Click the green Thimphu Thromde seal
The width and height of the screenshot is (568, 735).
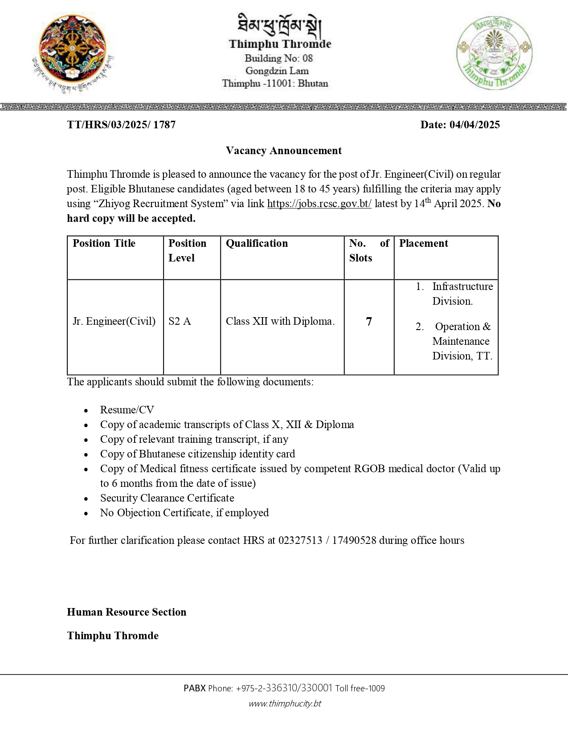pos(494,53)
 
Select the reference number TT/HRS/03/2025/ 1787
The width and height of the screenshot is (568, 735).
pos(121,125)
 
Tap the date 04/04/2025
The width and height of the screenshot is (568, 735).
pos(474,125)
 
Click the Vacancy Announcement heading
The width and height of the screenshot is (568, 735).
pos(284,151)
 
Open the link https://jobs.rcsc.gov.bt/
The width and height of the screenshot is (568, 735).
pos(319,204)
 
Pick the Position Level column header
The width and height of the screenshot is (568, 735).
pos(188,250)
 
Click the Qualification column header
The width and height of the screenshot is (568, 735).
pos(257,243)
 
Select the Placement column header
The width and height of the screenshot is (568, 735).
pos(424,243)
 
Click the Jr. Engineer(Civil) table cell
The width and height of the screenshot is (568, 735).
pos(114,321)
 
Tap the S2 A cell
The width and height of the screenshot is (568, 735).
pos(180,321)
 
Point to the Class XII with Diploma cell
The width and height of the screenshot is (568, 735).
pos(280,321)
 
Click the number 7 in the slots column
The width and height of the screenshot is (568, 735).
pos(369,321)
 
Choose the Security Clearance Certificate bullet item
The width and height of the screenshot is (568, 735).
pos(167,498)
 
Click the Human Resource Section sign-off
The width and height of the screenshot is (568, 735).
pos(127,612)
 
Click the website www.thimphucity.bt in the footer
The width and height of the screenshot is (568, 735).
pos(285,703)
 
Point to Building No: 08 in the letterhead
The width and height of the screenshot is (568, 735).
pos(278,58)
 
